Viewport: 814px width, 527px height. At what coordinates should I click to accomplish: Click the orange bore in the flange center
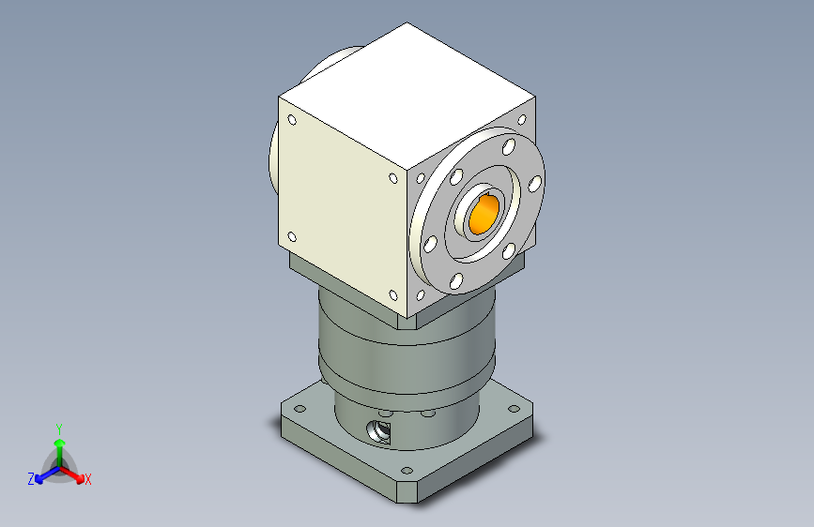coord(484,214)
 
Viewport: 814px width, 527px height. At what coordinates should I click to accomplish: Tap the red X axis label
coord(87,479)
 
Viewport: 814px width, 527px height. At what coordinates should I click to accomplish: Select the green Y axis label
coord(59,429)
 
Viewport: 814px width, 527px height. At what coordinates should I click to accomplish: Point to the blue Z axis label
coord(31,479)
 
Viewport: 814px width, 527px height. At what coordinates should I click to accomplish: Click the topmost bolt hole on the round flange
coord(509,147)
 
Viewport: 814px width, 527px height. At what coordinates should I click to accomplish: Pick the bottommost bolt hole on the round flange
coord(456,281)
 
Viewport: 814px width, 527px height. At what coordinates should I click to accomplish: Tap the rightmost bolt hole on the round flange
coord(535,184)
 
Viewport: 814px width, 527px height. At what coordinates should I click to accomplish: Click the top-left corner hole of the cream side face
coord(292,120)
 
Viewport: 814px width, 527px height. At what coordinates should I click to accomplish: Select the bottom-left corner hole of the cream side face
coord(292,237)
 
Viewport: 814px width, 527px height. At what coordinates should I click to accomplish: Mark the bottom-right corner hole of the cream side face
coord(393,295)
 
